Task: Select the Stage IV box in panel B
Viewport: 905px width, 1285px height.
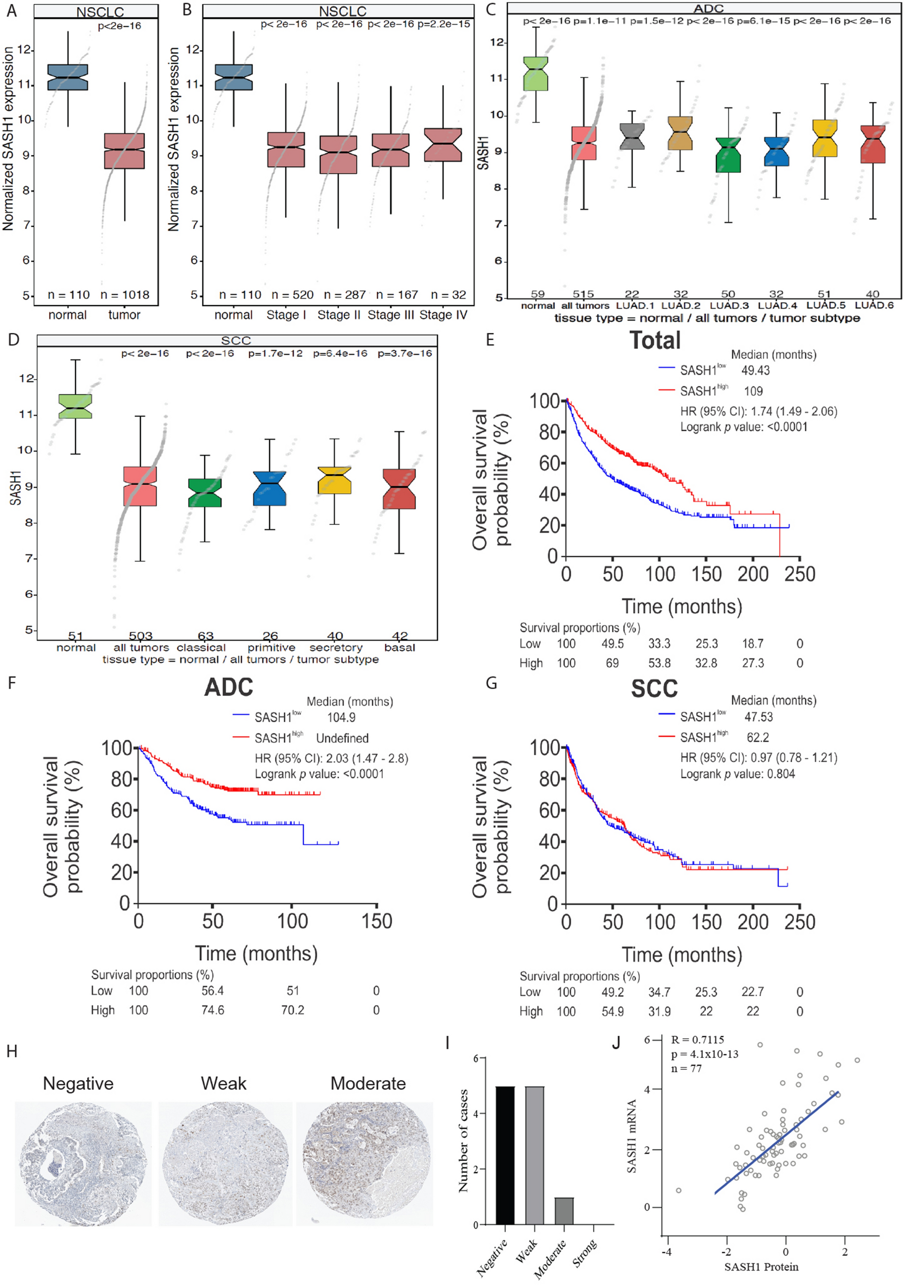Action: pos(443,145)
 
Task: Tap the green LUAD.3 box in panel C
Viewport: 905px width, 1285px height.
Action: pos(727,155)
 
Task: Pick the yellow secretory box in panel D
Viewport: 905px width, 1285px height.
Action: pos(334,480)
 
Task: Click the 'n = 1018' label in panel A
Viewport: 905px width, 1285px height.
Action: pos(125,295)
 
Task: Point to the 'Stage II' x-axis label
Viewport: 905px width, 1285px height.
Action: pos(339,315)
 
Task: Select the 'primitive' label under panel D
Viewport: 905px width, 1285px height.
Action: pos(271,647)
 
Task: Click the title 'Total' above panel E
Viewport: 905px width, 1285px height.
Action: pos(655,340)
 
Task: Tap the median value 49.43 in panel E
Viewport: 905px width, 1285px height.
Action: pos(755,370)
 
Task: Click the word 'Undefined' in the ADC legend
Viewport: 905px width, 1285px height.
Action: pos(342,738)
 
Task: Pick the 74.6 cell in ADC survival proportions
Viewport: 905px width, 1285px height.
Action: pos(212,1010)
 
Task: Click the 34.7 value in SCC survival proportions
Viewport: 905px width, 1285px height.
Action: pos(659,992)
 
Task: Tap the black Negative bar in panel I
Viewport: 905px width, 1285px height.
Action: pos(505,1155)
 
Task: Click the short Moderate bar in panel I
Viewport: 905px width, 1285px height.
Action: pos(564,1211)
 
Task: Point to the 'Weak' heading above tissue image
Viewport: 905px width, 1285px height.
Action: pos(224,1084)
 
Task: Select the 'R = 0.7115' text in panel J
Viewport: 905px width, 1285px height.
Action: pos(697,1040)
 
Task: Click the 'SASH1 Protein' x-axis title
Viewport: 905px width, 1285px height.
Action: pos(761,1267)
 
